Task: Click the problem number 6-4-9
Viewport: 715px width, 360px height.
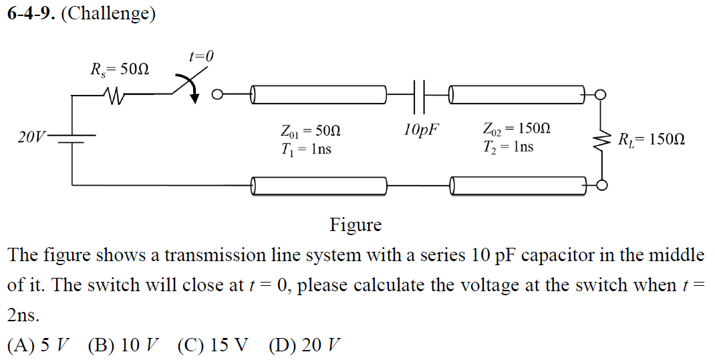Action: [x=31, y=14]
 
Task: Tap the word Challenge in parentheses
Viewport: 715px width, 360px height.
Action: [x=108, y=14]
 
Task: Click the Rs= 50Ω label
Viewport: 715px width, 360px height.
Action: [x=120, y=69]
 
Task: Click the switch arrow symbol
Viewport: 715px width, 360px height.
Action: [x=190, y=89]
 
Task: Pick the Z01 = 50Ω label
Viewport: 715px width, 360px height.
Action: [x=311, y=130]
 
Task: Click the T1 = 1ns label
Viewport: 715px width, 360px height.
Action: [x=306, y=148]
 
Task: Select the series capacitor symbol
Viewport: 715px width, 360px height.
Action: [x=420, y=96]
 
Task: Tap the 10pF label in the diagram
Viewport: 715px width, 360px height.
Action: [x=422, y=129]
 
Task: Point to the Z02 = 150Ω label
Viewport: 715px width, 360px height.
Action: [x=517, y=128]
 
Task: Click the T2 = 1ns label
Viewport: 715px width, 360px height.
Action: [x=508, y=146]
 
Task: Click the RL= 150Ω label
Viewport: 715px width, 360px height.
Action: [x=651, y=140]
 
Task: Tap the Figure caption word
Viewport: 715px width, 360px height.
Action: [x=355, y=225]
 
